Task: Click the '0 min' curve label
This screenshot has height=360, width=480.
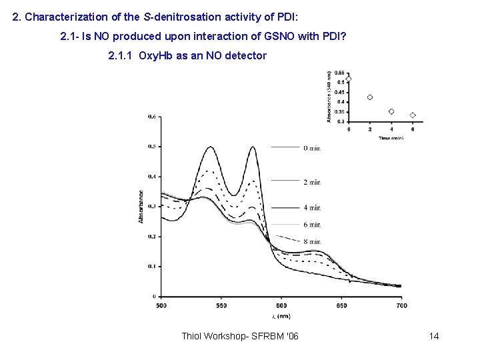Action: click(311, 148)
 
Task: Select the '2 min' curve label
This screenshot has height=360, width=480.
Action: click(311, 181)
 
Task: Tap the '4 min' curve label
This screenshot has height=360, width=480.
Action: click(311, 208)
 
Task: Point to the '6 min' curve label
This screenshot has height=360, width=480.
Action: click(311, 225)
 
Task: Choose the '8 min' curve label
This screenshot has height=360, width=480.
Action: click(311, 241)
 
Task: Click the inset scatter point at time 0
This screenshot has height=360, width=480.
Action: click(349, 79)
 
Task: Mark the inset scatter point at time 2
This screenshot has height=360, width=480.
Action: click(370, 97)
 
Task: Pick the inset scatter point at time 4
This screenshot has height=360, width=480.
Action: click(391, 111)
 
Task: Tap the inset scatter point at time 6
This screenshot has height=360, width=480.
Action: click(413, 115)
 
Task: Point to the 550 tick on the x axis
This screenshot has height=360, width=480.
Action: click(221, 305)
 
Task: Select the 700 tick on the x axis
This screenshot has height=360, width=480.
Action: click(401, 305)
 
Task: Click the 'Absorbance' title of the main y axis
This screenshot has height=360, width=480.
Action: click(141, 207)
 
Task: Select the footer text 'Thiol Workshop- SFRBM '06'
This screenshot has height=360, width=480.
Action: click(240, 335)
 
